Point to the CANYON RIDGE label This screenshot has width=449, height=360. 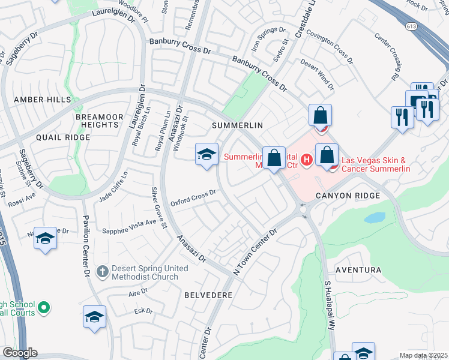[346, 196]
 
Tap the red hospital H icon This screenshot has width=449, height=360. [306, 160]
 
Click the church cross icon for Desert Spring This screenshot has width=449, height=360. [103, 271]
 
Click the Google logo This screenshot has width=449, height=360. [20, 353]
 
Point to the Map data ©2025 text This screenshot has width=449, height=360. [423, 355]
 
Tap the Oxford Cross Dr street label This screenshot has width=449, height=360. [193, 197]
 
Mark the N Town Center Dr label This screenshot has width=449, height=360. [255, 251]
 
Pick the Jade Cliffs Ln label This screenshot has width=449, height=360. [113, 187]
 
